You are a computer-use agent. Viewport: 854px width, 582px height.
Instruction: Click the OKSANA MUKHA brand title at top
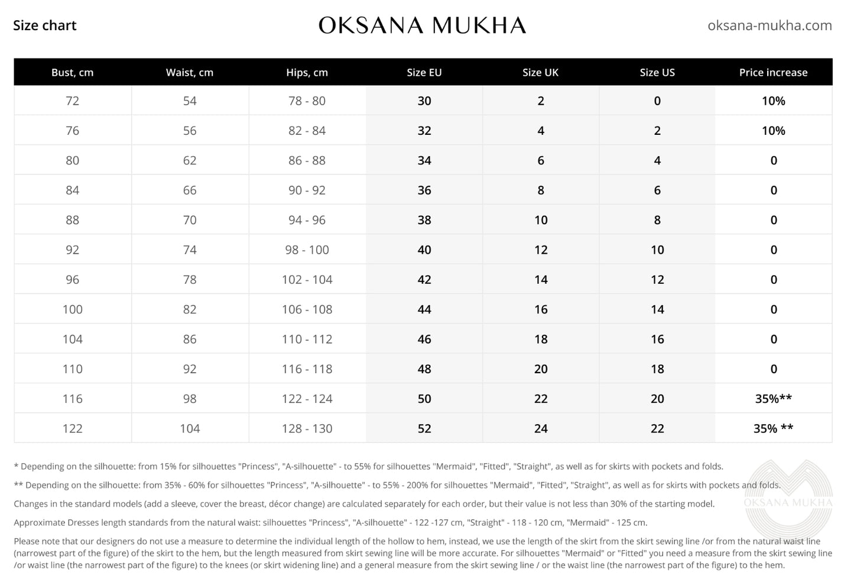(x=422, y=25)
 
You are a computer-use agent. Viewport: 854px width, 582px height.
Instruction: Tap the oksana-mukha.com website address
(x=769, y=25)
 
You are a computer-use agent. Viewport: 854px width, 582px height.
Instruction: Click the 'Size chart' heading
(x=45, y=25)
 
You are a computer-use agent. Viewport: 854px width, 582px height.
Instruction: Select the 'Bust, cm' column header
(x=72, y=72)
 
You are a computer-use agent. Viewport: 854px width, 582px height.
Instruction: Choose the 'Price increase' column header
(x=773, y=72)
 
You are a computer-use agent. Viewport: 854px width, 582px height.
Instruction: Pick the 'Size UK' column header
(x=540, y=72)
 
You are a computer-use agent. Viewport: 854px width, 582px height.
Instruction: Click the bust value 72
(x=72, y=101)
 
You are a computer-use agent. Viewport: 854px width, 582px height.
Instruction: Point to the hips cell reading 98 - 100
(x=307, y=250)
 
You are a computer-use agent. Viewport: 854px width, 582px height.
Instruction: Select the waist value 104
(x=190, y=428)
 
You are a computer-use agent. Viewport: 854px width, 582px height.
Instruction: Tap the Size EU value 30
(x=424, y=101)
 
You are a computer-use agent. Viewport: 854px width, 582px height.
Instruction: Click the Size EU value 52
(x=424, y=428)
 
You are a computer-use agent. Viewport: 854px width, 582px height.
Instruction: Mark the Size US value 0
(x=657, y=101)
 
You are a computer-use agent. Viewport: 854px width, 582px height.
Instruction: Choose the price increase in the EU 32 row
(x=773, y=131)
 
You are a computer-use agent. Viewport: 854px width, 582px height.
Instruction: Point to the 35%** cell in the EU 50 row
(x=773, y=399)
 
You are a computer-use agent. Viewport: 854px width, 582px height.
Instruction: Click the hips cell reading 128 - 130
(x=307, y=428)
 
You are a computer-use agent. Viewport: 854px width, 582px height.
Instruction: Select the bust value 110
(x=72, y=369)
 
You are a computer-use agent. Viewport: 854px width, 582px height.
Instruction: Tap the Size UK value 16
(x=541, y=309)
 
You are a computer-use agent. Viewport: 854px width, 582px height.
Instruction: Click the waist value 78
(x=190, y=280)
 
